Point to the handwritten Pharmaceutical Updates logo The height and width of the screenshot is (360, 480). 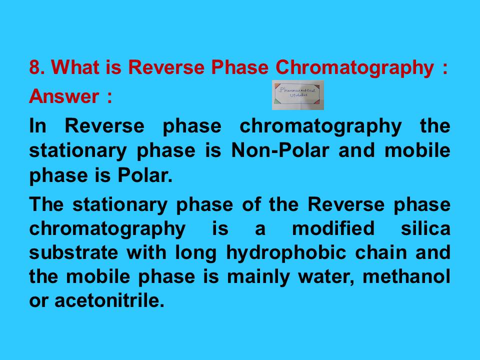[298, 95]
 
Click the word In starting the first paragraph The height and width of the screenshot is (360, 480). [37, 126]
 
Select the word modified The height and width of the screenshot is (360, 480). [332, 228]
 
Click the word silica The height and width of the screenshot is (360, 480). [425, 228]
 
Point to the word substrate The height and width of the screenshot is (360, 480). [73, 252]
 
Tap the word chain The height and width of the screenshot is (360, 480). [382, 252]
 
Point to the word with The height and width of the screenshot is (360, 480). [145, 252]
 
